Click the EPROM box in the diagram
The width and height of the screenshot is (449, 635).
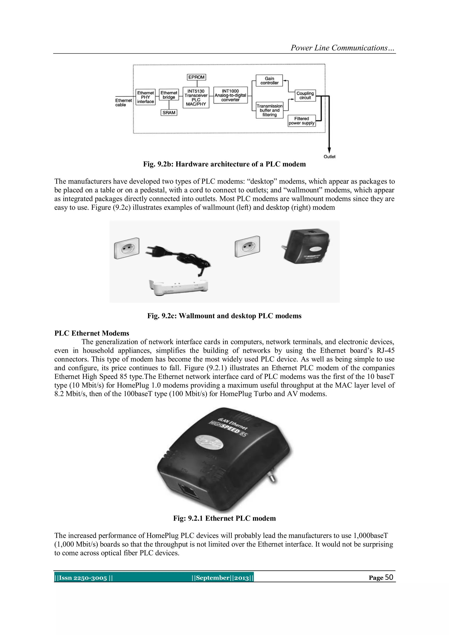coord(196,77)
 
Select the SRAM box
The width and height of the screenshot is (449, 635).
coord(169,113)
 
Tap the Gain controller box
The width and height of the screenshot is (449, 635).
coord(269,80)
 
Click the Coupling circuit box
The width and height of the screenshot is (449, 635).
coord(305,95)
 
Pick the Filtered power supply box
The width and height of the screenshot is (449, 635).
coord(301,121)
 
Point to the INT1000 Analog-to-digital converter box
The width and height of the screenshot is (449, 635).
coord(230,95)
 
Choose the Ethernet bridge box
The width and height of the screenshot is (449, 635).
coord(169,95)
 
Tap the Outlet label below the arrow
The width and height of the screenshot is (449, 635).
coord(329,157)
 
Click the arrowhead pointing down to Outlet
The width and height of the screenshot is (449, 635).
coord(329,150)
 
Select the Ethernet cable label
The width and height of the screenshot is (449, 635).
coord(123,102)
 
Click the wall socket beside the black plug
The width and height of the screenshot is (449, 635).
coord(127,248)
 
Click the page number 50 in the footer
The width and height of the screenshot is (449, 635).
coord(389,577)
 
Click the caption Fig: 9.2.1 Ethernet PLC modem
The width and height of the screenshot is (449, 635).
coord(224,518)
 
